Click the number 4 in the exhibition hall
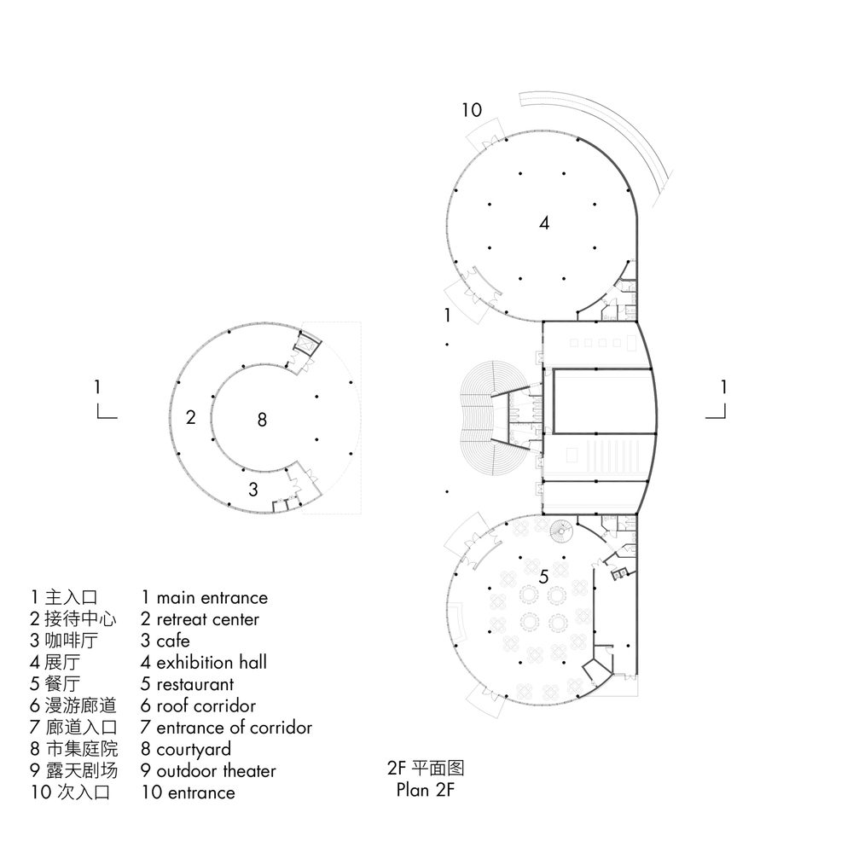544,223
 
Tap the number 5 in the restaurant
544,577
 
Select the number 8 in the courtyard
262,420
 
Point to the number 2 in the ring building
190,417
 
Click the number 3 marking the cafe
253,489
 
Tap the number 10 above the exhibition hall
472,110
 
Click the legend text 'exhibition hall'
212,662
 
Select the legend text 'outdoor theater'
216,771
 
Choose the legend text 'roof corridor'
206,705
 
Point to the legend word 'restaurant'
195,684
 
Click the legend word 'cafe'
173,641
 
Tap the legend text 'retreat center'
208,619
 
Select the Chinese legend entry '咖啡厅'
72,641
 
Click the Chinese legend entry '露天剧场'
82,770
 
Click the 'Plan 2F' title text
426,789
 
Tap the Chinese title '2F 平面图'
426,768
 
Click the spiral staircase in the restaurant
561,531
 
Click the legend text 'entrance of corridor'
235,728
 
